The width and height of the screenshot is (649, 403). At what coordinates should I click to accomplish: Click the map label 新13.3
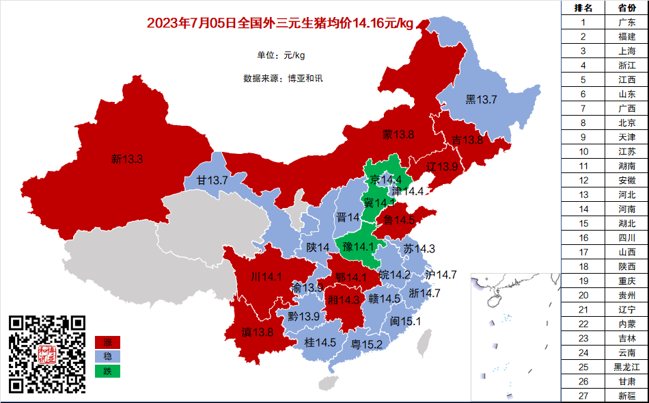(127, 159)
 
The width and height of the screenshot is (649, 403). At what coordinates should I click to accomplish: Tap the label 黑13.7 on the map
(481, 100)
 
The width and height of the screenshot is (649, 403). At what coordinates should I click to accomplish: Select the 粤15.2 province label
(366, 344)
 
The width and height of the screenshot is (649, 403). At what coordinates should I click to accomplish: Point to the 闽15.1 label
(405, 322)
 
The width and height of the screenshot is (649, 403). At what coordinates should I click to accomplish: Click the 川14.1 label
(267, 277)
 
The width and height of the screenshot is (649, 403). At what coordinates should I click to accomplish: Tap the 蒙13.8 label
(398, 135)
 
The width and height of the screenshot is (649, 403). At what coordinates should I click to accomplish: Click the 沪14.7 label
(441, 274)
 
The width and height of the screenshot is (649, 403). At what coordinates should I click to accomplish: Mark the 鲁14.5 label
(400, 220)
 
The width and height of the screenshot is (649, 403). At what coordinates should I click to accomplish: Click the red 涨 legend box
(107, 342)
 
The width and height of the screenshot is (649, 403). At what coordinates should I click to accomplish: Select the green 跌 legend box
(107, 372)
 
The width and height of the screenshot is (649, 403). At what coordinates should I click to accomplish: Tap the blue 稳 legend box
(107, 356)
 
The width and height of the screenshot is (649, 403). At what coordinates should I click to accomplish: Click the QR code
(47, 354)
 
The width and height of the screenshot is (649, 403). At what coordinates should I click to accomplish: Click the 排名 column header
(583, 8)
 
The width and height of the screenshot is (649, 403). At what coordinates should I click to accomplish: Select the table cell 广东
(626, 22)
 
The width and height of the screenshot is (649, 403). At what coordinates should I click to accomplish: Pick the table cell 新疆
(626, 395)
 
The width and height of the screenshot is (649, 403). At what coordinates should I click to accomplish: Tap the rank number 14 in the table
(583, 209)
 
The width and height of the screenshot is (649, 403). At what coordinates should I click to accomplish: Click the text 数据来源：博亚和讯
(283, 78)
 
